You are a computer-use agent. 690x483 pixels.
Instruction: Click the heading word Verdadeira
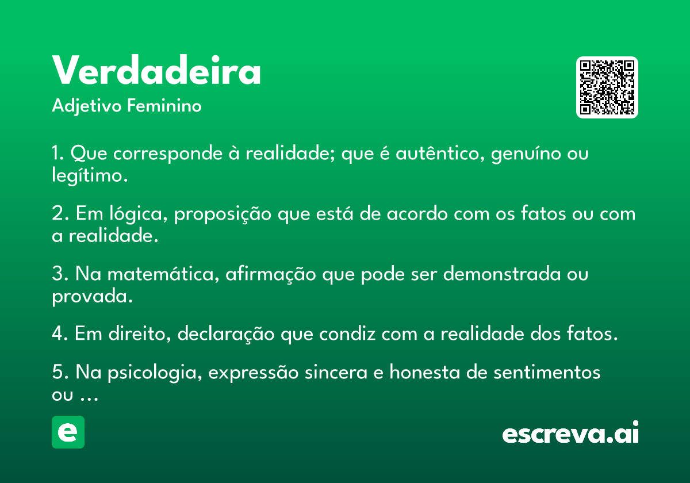pyautogui.click(x=156, y=70)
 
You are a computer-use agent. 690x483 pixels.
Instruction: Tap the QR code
pyautogui.click(x=607, y=87)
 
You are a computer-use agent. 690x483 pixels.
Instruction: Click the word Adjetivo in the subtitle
pyautogui.click(x=87, y=106)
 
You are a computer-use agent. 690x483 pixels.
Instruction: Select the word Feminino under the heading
pyautogui.click(x=164, y=105)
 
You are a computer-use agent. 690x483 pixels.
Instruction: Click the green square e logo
pyautogui.click(x=68, y=432)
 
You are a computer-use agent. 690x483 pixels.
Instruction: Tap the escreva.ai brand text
pyautogui.click(x=570, y=432)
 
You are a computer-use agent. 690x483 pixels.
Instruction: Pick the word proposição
pyautogui.click(x=223, y=214)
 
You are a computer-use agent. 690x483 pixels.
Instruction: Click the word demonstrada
pyautogui.click(x=502, y=273)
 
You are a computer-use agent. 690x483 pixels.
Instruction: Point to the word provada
pyautogui.click(x=92, y=296)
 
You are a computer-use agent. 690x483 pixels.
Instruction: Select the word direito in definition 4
pyautogui.click(x=140, y=334)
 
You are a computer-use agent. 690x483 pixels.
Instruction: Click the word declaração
pyautogui.click(x=226, y=334)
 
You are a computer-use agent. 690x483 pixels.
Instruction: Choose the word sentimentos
pyautogui.click(x=547, y=372)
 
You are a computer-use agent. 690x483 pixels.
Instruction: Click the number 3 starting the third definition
pyautogui.click(x=57, y=273)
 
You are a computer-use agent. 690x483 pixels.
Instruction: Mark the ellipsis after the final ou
pyautogui.click(x=89, y=399)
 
